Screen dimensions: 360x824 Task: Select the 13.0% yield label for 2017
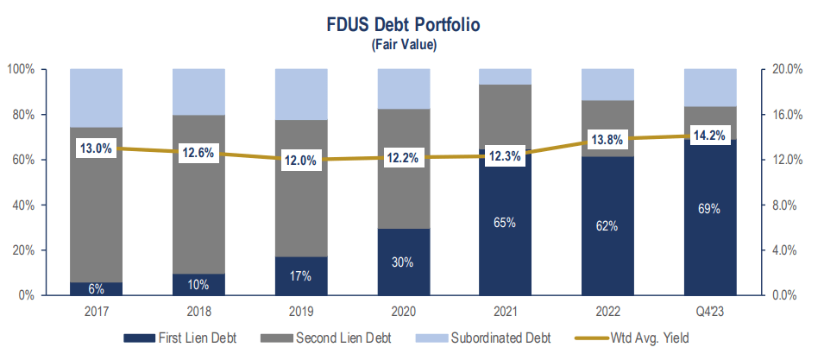96,148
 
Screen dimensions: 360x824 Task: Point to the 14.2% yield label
709,136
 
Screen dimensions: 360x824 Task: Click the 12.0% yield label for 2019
300,161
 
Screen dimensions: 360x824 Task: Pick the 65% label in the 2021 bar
505,223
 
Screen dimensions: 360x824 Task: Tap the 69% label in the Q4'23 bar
709,209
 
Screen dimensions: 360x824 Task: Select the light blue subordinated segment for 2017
96,98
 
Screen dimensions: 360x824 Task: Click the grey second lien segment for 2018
198,207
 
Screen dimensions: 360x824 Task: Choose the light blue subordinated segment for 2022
607,84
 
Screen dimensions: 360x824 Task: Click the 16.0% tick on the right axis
786,115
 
